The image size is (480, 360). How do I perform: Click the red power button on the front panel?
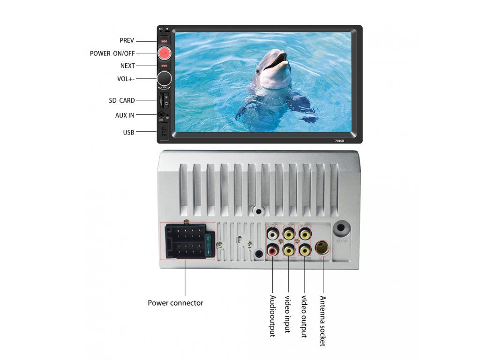[x=164, y=53]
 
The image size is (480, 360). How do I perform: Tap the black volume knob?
[x=164, y=78]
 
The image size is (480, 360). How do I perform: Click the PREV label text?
[x=127, y=41]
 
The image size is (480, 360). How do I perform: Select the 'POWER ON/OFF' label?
[x=112, y=53]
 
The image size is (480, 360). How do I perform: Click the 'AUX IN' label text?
[x=125, y=115]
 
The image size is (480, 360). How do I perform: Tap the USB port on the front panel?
[x=164, y=131]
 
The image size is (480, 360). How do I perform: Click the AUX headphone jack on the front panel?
[x=161, y=114]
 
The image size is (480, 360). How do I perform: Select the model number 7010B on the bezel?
[x=339, y=140]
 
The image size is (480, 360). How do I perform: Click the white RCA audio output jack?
[x=272, y=232]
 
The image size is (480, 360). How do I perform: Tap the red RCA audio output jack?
[x=272, y=250]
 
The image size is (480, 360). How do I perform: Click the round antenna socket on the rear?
[x=322, y=247]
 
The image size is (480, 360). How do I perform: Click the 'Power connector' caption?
[x=175, y=303]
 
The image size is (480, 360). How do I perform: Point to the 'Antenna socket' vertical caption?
[x=322, y=321]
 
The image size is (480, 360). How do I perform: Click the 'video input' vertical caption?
[x=288, y=314]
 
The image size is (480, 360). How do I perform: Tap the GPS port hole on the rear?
[x=341, y=229]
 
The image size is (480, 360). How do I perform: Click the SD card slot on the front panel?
[x=162, y=99]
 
